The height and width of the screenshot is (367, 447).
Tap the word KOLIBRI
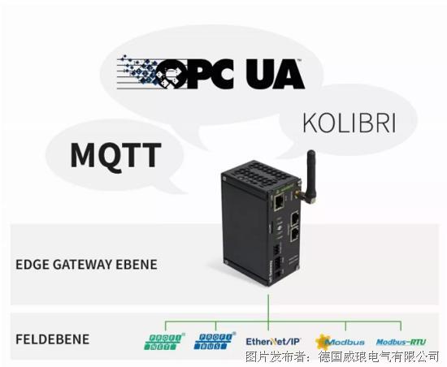pyautogui.click(x=349, y=123)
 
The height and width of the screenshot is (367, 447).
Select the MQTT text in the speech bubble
pyautogui.click(x=115, y=155)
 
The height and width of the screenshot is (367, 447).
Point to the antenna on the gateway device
pyautogui.click(x=310, y=176)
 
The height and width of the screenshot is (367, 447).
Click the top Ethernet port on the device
pyautogui.click(x=279, y=201)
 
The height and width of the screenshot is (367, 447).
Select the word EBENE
pyautogui.click(x=137, y=265)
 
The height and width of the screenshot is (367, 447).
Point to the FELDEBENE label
pyautogui.click(x=53, y=339)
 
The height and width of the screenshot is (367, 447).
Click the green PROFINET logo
pyautogui.click(x=163, y=341)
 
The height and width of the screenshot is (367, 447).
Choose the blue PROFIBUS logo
pyautogui.click(x=214, y=341)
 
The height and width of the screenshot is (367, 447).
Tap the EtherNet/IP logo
pyautogui.click(x=273, y=341)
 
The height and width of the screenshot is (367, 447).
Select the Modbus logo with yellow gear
pyautogui.click(x=340, y=342)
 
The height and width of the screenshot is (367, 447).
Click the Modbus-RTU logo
pyautogui.click(x=401, y=342)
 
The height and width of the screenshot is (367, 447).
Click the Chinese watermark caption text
pyautogui.click(x=342, y=356)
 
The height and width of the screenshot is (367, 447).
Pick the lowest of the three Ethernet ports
pyautogui.click(x=295, y=235)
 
